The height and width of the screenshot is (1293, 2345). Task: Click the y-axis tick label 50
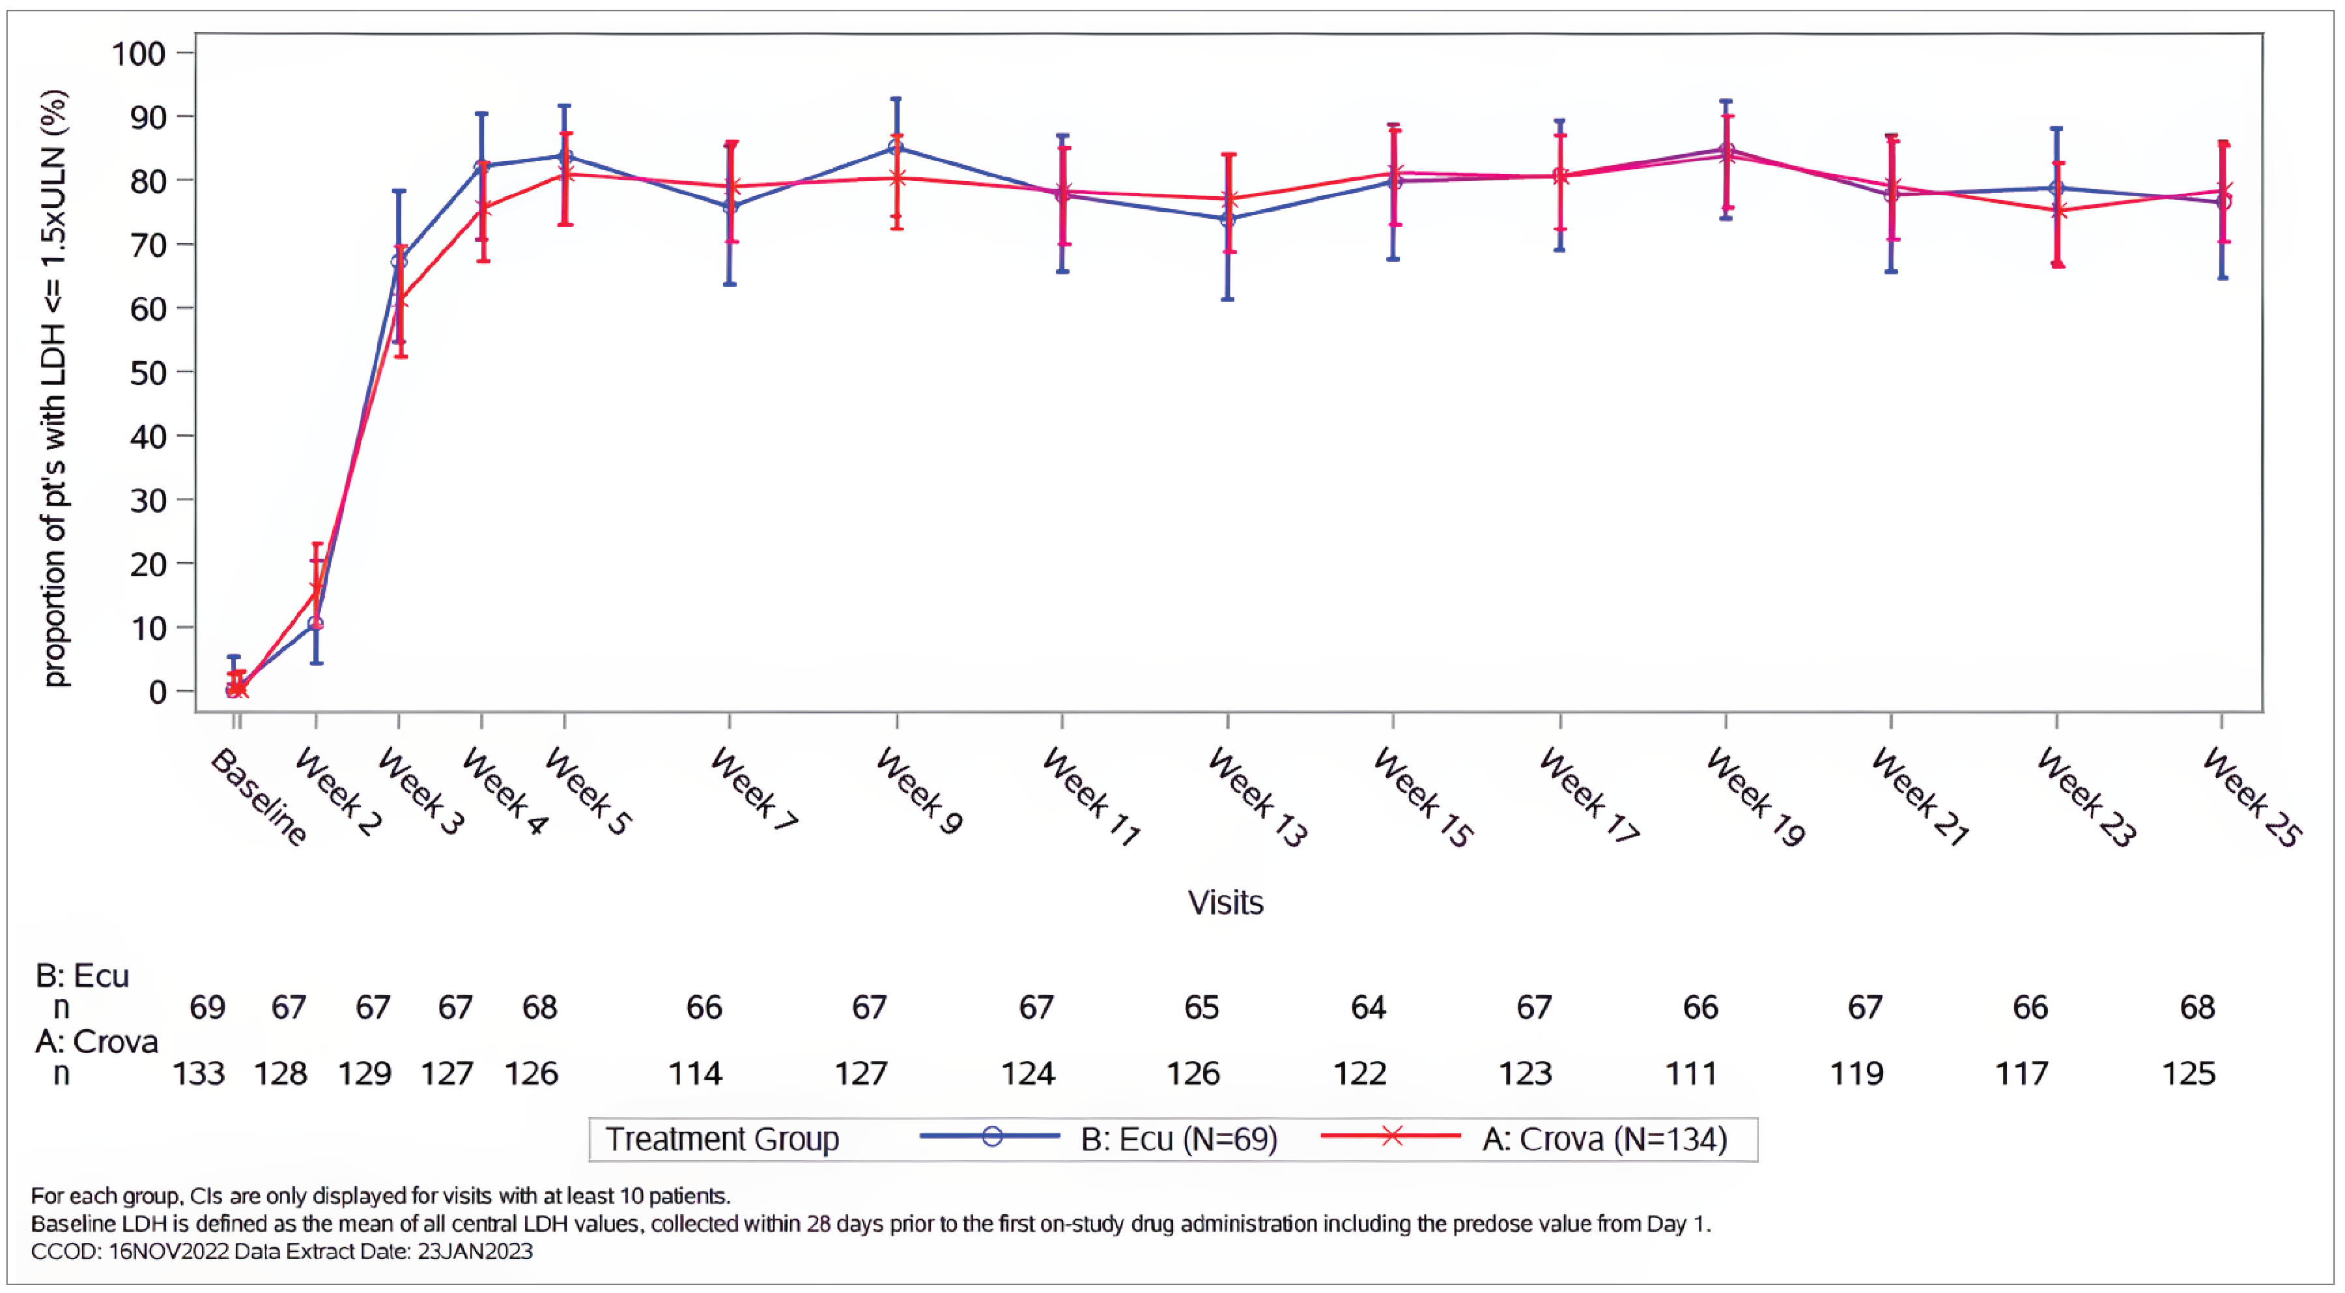147,372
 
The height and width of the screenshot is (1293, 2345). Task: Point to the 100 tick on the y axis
138,53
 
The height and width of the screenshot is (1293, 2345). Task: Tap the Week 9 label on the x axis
918,791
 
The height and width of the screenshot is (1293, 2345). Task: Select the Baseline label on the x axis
259,798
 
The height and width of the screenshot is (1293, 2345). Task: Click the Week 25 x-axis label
2252,798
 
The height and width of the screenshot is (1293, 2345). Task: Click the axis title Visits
1225,903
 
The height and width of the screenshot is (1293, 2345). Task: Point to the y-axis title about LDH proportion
55,389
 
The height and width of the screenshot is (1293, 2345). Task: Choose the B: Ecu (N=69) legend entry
1178,1139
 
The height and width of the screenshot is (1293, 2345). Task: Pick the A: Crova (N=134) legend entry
1604,1139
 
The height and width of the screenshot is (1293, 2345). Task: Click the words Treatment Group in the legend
722,1139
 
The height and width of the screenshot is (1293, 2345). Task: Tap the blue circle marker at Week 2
315,624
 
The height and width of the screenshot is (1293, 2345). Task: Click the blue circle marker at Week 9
896,147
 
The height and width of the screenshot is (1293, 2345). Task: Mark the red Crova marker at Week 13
1228,199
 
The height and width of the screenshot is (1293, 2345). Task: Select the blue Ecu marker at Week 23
2056,188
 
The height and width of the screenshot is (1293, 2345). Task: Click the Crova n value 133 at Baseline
199,1073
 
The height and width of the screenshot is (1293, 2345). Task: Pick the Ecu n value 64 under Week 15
1367,1008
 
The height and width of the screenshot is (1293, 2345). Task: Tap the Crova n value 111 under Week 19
1692,1073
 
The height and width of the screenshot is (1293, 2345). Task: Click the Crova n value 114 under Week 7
694,1073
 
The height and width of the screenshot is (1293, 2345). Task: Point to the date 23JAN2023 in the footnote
474,1251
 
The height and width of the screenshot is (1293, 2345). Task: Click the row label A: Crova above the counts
96,1041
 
